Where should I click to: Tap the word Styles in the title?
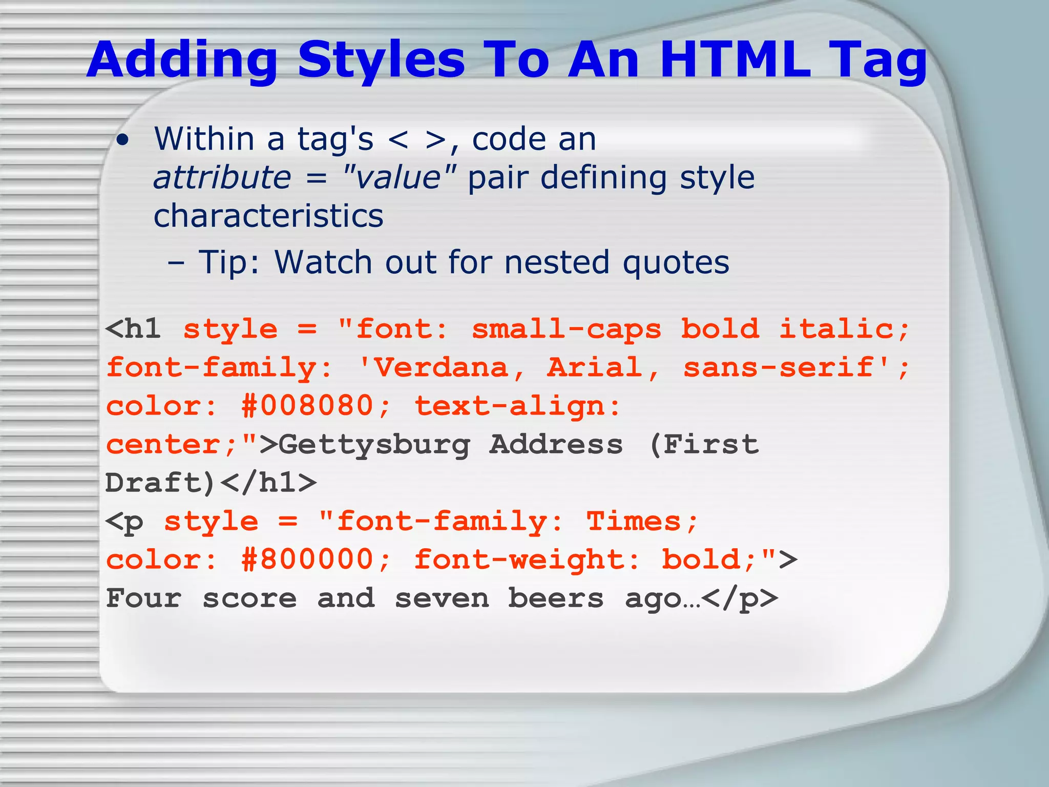[x=381, y=60]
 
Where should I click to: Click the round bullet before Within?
[x=122, y=141]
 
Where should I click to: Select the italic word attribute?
[x=222, y=178]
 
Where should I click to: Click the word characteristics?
[x=268, y=216]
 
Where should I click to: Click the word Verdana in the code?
[x=440, y=368]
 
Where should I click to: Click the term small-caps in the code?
[x=566, y=329]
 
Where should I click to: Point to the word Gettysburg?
[x=374, y=445]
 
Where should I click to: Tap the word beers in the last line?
[x=556, y=598]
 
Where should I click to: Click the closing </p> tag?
[x=740, y=598]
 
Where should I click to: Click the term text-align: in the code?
[x=517, y=406]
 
